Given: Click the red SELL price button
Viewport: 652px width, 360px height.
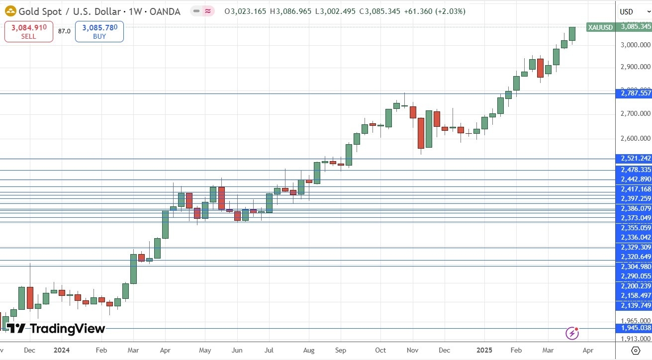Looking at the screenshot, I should tap(29, 31).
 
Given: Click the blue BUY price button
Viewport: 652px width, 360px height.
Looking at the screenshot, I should tap(99, 31).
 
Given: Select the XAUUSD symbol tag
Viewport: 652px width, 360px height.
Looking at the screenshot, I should tap(600, 27).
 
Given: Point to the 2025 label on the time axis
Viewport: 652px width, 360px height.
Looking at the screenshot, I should tap(484, 351).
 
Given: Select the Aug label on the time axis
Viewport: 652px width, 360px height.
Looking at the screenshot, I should tap(308, 351).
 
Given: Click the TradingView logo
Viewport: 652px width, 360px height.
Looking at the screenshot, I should tap(56, 329).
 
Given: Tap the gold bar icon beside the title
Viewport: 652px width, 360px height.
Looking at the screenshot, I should tap(9, 11).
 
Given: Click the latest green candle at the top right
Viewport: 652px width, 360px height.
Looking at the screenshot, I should tap(572, 34).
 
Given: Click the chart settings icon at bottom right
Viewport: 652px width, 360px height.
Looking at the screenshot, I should tap(635, 351).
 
